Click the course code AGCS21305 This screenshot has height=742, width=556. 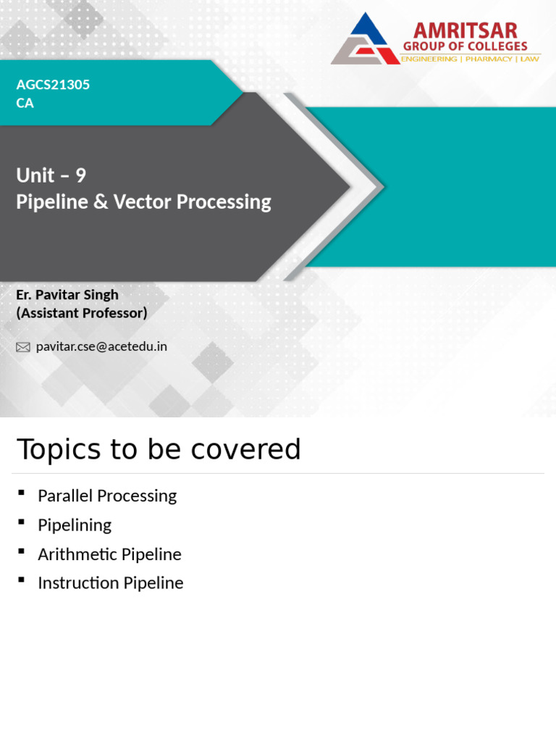[53, 85]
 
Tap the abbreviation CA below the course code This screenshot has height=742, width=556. [25, 103]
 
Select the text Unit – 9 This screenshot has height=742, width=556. [51, 175]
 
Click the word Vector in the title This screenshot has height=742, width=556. [143, 201]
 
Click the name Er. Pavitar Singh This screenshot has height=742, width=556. [67, 295]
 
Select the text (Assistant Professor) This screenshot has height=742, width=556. [81, 313]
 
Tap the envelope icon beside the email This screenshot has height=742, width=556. [23, 347]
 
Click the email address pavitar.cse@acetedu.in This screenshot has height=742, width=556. [101, 346]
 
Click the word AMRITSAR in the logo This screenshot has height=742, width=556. [465, 31]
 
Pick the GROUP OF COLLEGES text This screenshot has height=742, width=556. [465, 46]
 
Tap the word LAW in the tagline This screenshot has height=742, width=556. [529, 59]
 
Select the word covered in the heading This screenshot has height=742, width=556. [258, 450]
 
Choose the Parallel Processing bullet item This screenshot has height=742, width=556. [107, 496]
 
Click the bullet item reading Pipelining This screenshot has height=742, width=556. [75, 525]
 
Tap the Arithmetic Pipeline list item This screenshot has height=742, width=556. [109, 554]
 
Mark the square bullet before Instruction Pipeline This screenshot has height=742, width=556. [22, 580]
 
